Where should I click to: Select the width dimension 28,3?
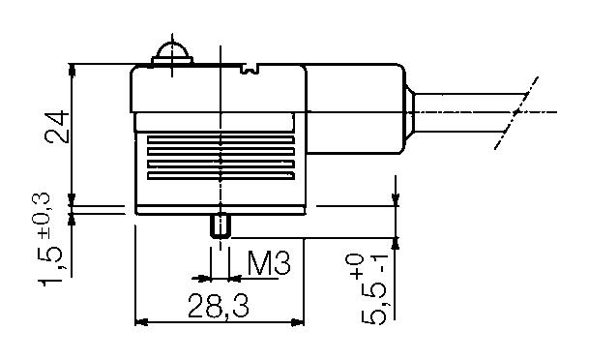219,307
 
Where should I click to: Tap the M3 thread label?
269,263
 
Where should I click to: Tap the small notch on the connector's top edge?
250,68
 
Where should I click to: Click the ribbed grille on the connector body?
221,158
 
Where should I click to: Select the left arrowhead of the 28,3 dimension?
139,322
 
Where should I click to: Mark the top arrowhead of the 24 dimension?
74,71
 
